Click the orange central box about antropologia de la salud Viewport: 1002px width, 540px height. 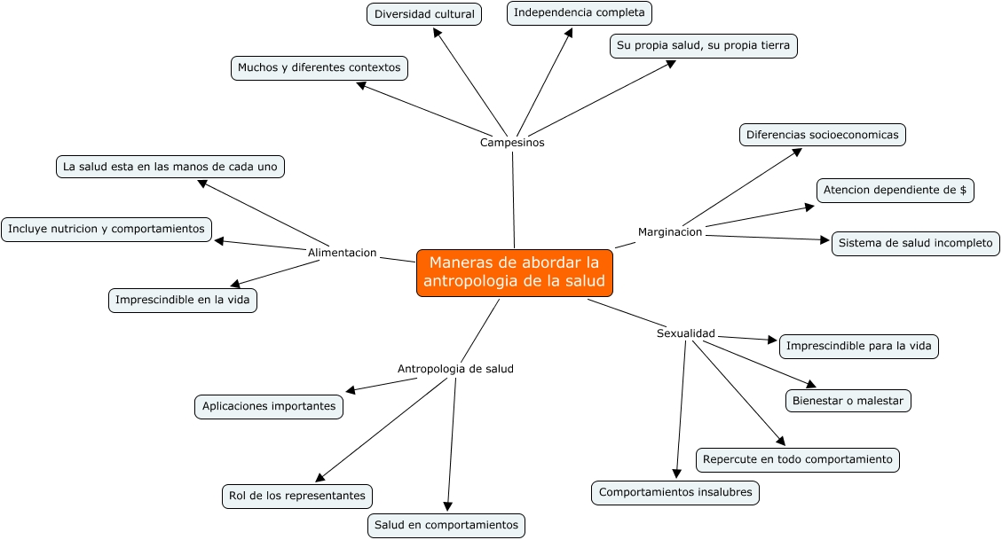(x=514, y=272)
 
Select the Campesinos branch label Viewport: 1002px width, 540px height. (x=512, y=143)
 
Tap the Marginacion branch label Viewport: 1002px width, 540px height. (x=670, y=232)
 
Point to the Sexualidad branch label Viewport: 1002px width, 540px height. (x=685, y=333)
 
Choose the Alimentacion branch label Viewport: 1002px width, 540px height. (x=342, y=253)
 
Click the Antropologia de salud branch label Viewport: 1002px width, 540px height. (x=454, y=369)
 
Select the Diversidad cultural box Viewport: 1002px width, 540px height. (x=424, y=14)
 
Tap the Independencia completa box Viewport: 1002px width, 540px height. (x=580, y=12)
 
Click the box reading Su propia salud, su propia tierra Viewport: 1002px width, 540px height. (x=703, y=45)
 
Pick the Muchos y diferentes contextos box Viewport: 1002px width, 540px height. (x=319, y=67)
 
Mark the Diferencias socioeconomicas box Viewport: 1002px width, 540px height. (x=822, y=135)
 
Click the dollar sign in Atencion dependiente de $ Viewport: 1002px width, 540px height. (x=963, y=190)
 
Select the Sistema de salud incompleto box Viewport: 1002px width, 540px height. (x=915, y=243)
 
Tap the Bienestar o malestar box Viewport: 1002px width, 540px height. (x=848, y=401)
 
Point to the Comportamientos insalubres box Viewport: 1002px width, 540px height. (x=675, y=492)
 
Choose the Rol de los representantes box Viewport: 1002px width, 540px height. (x=296, y=496)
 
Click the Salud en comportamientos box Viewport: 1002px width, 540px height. (x=446, y=525)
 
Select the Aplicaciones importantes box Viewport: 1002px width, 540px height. (x=268, y=406)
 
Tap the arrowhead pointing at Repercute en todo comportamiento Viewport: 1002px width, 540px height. (x=780, y=441)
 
